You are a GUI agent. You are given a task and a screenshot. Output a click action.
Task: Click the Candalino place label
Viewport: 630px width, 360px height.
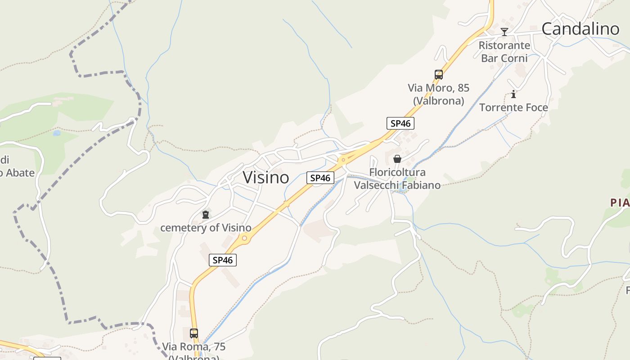[x=580, y=29]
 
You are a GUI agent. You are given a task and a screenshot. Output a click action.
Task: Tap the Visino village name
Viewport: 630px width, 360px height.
[x=266, y=177]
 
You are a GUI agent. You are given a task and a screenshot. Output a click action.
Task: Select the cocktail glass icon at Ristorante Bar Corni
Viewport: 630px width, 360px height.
[x=504, y=32]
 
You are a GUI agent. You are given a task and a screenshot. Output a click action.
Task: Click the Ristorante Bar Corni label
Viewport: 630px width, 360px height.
[x=504, y=52]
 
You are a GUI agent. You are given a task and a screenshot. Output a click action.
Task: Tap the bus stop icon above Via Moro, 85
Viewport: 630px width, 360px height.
[x=439, y=75]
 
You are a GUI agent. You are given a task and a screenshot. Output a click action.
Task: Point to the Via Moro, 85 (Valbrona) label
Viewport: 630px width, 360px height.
[x=438, y=94]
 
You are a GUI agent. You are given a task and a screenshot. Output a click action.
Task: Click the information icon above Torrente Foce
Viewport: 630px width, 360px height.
[x=513, y=94]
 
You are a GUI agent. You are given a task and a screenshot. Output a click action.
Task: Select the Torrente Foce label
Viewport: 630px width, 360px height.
[x=513, y=108]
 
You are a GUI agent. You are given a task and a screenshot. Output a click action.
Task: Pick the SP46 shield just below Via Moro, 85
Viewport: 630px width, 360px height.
[x=400, y=123]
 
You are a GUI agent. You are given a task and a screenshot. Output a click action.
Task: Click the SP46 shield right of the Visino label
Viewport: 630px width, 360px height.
[x=320, y=178]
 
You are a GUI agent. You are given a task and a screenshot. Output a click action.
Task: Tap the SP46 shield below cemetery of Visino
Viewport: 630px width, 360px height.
[x=223, y=260]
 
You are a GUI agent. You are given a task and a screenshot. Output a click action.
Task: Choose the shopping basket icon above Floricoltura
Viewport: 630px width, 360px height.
[x=397, y=159]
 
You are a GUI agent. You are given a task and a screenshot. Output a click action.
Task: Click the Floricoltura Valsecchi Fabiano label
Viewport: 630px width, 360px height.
[x=397, y=179]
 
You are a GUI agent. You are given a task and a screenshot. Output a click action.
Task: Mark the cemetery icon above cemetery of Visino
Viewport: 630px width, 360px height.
[x=206, y=215]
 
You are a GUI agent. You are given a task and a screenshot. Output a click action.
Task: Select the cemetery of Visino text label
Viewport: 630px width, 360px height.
[x=206, y=228]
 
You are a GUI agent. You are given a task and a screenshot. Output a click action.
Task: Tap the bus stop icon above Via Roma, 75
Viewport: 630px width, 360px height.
[x=194, y=333]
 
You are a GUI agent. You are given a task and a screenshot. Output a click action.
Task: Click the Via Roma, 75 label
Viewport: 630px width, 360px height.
[x=194, y=347]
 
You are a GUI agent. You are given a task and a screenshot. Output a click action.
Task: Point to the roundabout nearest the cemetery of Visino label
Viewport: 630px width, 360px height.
[x=244, y=238]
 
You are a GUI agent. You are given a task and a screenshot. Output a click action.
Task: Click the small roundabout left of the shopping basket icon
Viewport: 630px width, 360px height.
[x=343, y=159]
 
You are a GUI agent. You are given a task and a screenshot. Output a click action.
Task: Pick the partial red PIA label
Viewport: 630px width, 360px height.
[x=620, y=203]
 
